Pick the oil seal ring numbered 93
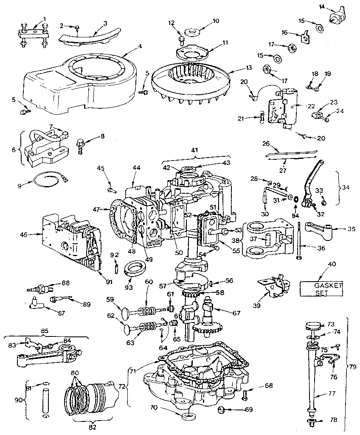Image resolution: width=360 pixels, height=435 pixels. (x=133, y=269)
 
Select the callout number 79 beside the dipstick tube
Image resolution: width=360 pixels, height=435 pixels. (x=353, y=365)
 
